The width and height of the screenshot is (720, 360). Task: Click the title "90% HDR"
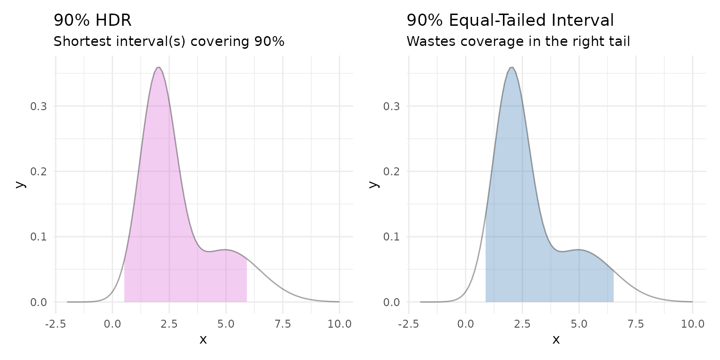coord(92,21)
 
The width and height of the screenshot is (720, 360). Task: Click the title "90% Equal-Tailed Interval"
coord(510,21)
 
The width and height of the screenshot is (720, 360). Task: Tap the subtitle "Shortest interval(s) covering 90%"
coord(169,42)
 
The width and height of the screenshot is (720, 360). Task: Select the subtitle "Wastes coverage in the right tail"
coord(518,42)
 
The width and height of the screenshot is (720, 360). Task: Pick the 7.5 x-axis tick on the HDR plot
coord(283,324)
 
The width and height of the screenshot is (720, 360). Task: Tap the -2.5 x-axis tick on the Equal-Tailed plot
coord(408,324)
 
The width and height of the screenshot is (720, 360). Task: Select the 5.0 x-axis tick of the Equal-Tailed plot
coord(579,324)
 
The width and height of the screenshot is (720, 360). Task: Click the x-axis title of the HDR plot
coord(203,340)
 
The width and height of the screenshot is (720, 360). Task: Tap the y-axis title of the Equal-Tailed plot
coord(374,183)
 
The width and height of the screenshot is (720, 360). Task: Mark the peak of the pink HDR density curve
coord(158,67)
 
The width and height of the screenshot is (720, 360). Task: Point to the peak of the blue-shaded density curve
coord(511,67)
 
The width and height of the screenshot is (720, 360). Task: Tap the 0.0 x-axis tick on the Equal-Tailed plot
coord(465,324)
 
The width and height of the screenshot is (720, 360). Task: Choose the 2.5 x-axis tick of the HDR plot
coord(169,324)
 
